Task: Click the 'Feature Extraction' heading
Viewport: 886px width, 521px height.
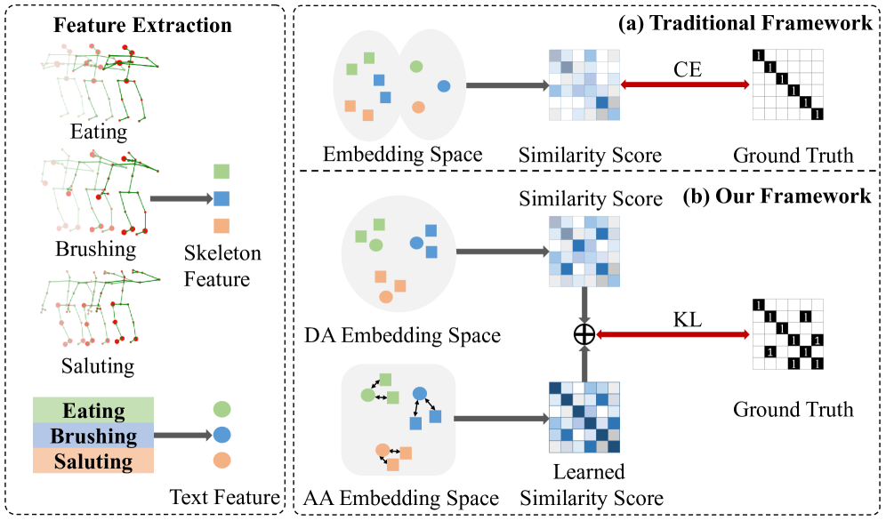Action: click(142, 24)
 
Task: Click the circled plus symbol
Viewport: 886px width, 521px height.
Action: click(584, 334)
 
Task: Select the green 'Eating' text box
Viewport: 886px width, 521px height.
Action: click(93, 410)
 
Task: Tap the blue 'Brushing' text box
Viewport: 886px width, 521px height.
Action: click(93, 436)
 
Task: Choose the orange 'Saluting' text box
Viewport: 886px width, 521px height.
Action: click(93, 461)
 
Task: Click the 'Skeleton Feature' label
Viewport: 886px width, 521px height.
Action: click(222, 266)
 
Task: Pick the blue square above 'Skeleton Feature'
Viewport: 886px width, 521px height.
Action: click(222, 198)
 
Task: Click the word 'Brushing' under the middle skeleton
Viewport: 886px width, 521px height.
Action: click(96, 248)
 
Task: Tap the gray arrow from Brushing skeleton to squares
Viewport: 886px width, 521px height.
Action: click(179, 199)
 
